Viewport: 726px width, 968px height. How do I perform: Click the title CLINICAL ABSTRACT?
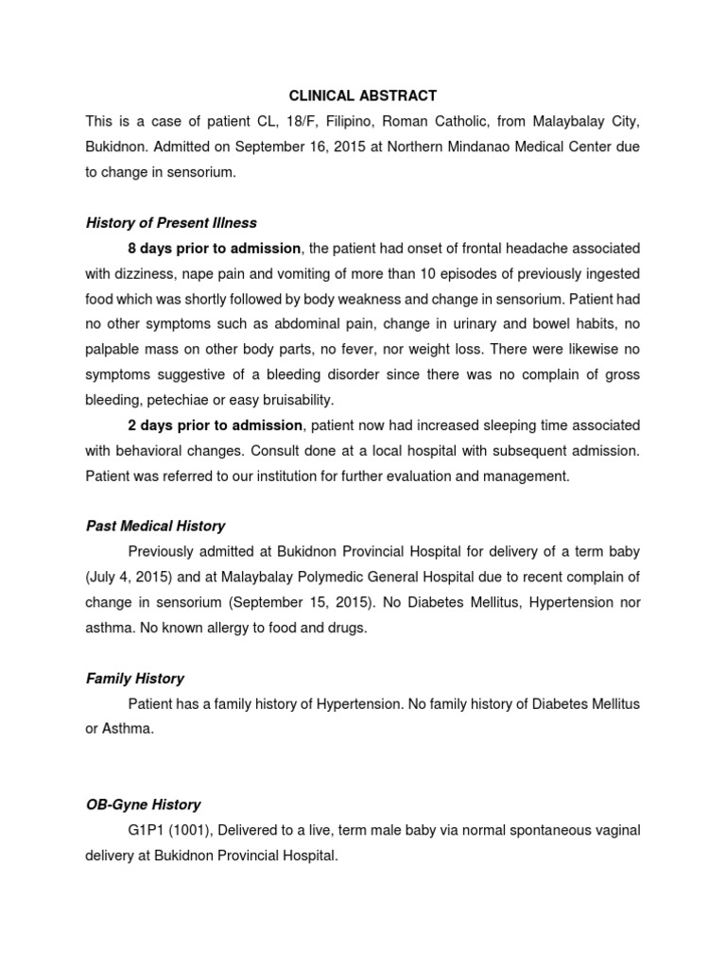click(x=363, y=96)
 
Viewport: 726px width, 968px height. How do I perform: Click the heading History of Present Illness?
click(x=171, y=223)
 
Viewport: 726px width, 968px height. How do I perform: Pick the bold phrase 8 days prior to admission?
click(x=215, y=248)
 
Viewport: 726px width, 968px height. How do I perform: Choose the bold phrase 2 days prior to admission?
click(x=215, y=425)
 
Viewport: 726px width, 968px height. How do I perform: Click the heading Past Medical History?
click(x=155, y=526)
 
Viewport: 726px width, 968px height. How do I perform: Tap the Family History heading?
click(x=134, y=679)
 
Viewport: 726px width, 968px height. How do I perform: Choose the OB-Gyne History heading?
click(x=143, y=805)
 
